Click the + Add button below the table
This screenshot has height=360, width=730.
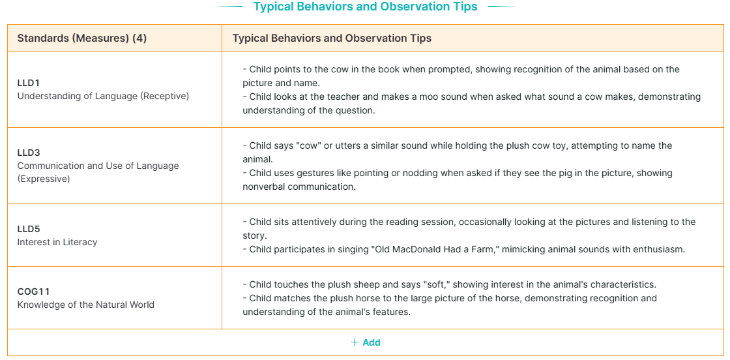[366, 343]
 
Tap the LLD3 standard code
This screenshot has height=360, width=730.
[29, 153]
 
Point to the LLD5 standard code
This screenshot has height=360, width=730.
[29, 230]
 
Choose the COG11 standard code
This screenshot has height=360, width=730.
[33, 292]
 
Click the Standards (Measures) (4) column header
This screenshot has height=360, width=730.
[82, 38]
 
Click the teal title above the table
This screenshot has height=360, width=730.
[365, 7]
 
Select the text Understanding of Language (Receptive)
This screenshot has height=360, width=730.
[103, 97]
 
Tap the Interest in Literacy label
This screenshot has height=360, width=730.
[57, 242]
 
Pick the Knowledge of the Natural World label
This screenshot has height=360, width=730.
[85, 305]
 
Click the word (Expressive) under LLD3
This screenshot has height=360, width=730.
[43, 179]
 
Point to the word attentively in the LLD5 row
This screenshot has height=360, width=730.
[314, 222]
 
